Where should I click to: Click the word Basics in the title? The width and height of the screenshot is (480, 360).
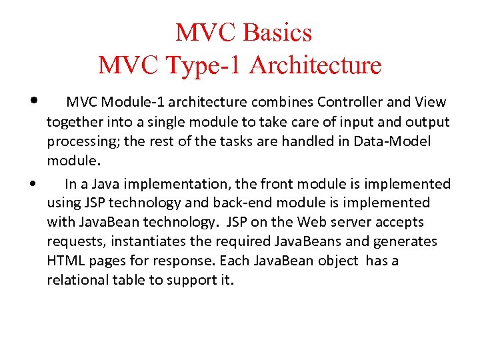(x=279, y=32)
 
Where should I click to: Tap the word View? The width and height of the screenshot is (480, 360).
(x=430, y=102)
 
